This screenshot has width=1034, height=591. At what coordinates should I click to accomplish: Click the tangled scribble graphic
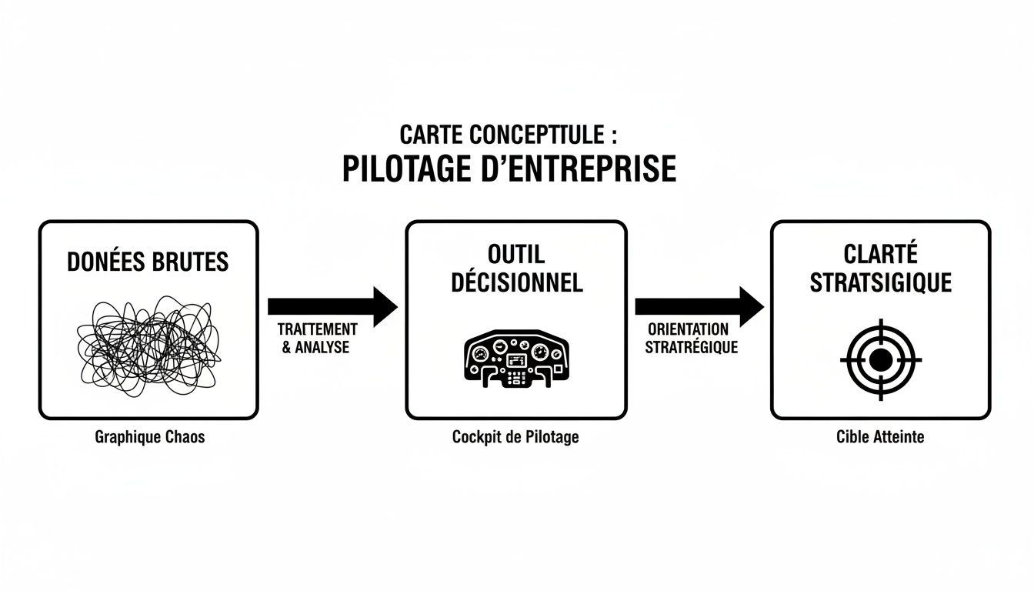click(x=148, y=347)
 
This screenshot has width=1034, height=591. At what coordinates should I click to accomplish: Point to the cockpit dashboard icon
click(x=516, y=359)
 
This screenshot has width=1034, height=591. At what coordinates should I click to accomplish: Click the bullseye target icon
click(x=880, y=359)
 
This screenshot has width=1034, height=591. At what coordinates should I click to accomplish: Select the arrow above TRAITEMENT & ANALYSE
click(x=332, y=306)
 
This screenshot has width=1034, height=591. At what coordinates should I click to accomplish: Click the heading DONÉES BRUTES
click(x=148, y=262)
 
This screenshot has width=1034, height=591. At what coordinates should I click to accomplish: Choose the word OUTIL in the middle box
click(x=516, y=253)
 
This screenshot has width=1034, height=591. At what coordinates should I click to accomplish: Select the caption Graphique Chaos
click(x=150, y=437)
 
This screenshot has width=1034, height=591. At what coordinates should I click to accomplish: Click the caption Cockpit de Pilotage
click(x=515, y=437)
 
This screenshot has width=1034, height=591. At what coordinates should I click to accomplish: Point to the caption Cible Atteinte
click(x=880, y=437)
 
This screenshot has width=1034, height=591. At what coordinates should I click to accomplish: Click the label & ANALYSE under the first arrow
click(x=315, y=347)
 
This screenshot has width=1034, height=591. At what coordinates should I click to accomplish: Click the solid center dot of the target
click(x=880, y=359)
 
